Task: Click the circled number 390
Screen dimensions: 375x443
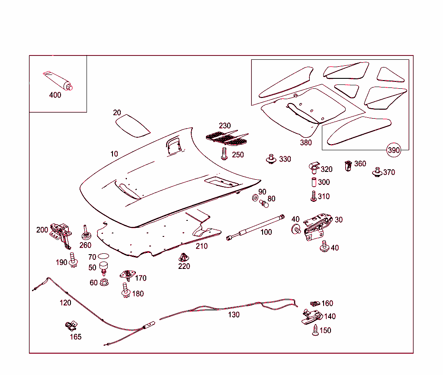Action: (x=394, y=150)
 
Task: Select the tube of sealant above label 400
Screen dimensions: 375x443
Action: (x=58, y=81)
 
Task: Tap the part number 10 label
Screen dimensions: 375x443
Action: (x=114, y=154)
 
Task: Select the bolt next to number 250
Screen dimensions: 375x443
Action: (x=224, y=153)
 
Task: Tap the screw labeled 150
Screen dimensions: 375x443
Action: (x=315, y=330)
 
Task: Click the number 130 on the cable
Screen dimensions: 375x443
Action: (x=234, y=315)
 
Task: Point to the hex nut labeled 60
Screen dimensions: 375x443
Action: (x=104, y=282)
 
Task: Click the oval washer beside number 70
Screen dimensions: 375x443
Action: (x=103, y=257)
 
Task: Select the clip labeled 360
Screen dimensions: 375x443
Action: (x=348, y=165)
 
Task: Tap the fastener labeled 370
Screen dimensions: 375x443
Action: (x=377, y=172)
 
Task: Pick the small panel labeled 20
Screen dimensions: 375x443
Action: (x=132, y=125)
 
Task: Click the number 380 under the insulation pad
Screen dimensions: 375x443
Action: (x=306, y=142)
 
